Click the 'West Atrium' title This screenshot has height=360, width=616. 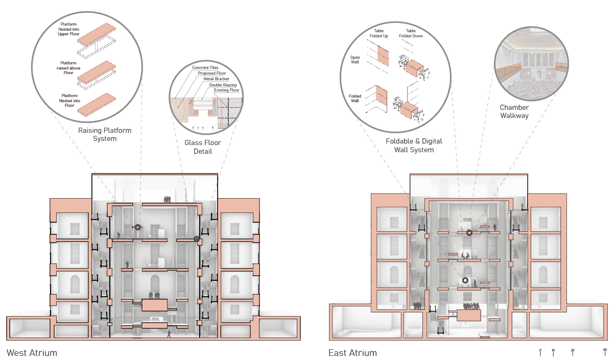[x=32, y=353]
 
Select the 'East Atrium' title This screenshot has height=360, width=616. [x=352, y=353]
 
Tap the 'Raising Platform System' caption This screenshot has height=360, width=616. [x=105, y=134]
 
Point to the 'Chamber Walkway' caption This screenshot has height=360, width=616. [x=514, y=111]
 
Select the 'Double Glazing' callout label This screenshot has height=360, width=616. [x=223, y=85]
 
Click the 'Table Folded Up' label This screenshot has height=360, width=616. [x=379, y=34]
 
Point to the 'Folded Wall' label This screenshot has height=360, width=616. [x=355, y=98]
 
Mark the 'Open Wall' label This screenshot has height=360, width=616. [x=354, y=60]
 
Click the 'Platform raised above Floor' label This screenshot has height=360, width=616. [x=68, y=68]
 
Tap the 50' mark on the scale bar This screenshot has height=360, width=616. [x=605, y=352]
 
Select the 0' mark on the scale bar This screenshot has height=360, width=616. [x=540, y=352]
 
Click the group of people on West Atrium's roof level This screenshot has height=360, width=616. [x=167, y=200]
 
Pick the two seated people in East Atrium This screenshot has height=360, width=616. [x=465, y=255]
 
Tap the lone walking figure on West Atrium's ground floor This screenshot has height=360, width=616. [x=169, y=334]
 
